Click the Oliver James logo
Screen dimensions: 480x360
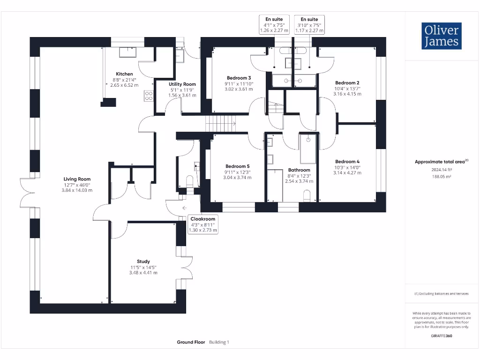point(442,36)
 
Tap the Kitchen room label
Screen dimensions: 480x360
point(124,74)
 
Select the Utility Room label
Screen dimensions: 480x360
point(182,84)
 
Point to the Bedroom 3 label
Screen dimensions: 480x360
point(239,78)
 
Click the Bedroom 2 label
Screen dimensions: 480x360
point(347,82)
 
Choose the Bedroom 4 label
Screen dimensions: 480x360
point(347,162)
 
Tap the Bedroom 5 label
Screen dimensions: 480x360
point(238,166)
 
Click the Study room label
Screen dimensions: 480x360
point(143,262)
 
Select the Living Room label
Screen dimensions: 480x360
point(77,179)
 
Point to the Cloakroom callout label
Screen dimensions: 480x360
point(202,219)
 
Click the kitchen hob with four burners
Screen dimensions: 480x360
point(149,96)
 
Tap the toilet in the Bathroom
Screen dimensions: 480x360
point(307,196)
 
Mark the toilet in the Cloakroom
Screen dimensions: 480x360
point(190,181)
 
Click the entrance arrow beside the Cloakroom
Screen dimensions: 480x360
point(185,208)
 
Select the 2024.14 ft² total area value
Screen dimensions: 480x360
point(442,170)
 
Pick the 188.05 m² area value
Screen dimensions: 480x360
point(442,177)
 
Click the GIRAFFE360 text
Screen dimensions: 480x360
point(442,336)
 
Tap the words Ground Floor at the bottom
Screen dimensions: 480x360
point(191,342)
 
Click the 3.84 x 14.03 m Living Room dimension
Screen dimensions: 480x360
point(77,190)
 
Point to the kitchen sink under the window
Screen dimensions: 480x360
point(127,52)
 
